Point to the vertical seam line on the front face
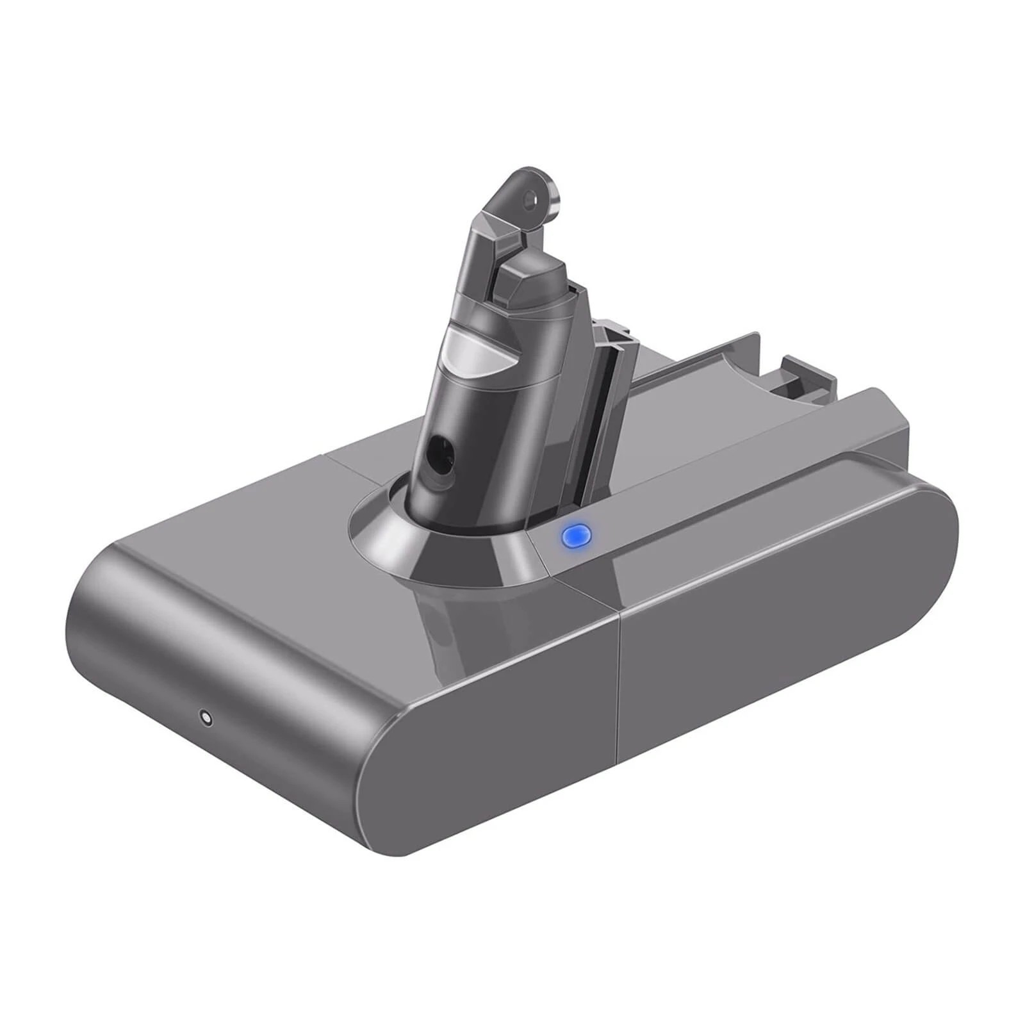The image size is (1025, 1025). click(619, 692)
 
